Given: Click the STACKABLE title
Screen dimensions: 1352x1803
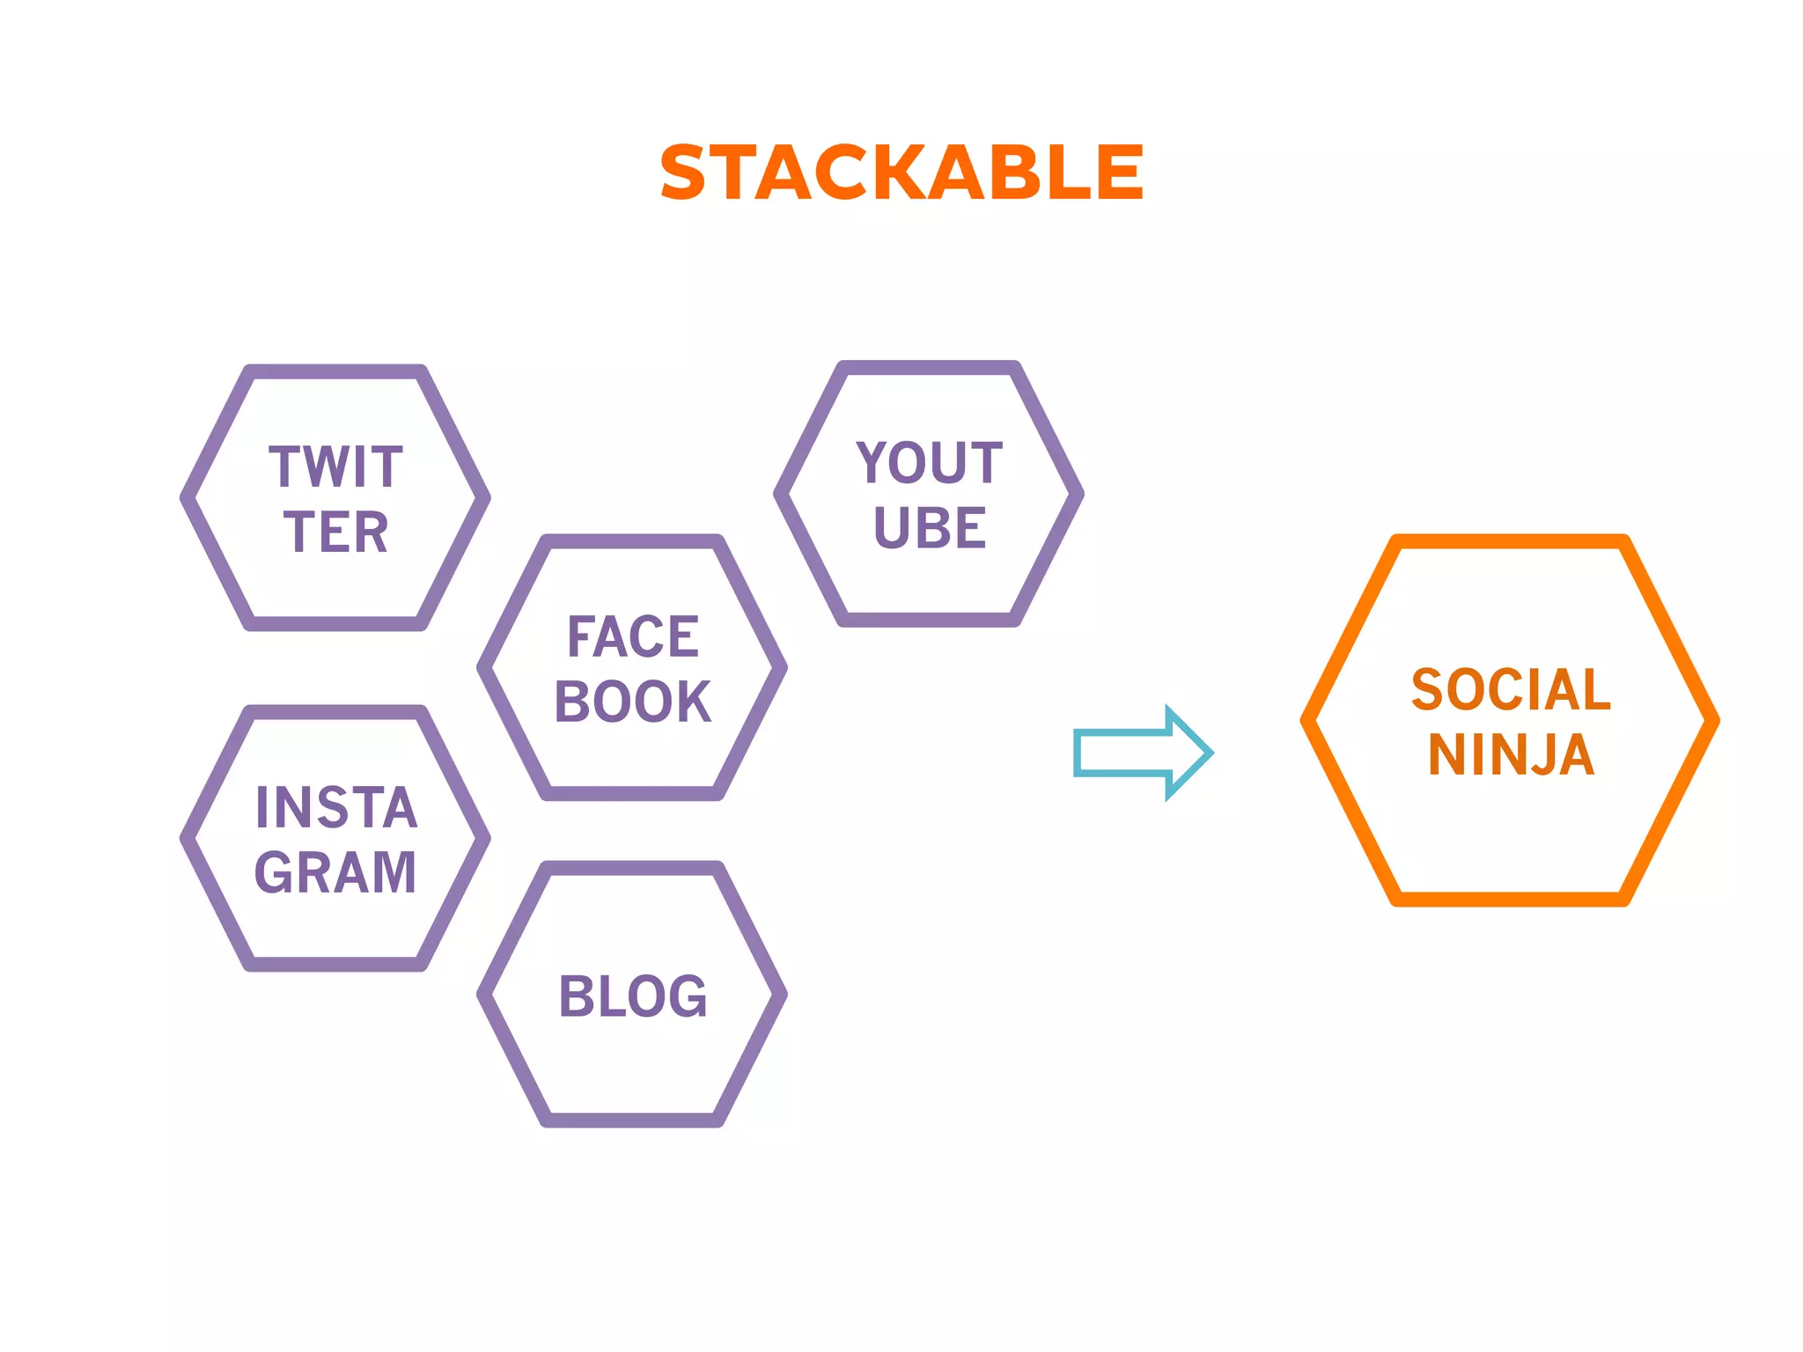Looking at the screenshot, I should click(x=901, y=173).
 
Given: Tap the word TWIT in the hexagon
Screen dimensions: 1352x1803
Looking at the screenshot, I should click(x=335, y=467).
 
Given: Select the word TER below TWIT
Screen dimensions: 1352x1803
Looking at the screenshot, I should click(x=335, y=533).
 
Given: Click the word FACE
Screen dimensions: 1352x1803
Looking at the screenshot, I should click(x=633, y=636).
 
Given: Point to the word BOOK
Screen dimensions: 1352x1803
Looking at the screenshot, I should click(x=632, y=702).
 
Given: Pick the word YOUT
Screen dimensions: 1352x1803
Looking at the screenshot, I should click(x=929, y=463).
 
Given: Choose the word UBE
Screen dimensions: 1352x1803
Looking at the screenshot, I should click(x=930, y=528).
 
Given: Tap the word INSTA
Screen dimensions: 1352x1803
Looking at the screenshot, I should click(x=335, y=807).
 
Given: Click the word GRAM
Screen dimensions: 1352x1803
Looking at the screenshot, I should click(x=335, y=873).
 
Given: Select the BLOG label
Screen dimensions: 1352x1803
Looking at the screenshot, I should click(x=632, y=996).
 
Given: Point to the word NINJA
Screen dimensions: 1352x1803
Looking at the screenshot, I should click(x=1511, y=755).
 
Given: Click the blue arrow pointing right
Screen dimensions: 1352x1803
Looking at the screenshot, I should click(x=1143, y=753).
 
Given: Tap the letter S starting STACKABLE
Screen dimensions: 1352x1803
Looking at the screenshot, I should click(x=683, y=173).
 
